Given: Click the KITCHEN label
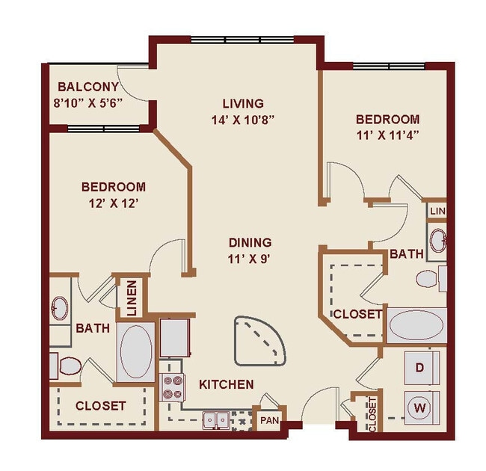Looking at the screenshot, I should [226, 384].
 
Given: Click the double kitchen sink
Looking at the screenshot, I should [214, 420].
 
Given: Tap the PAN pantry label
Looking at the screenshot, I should [268, 420].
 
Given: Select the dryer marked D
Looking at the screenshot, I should [421, 368].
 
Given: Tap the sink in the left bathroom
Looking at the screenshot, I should [60, 307].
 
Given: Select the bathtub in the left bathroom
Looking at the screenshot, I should [136, 351].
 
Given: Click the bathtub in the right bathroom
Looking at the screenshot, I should [416, 326].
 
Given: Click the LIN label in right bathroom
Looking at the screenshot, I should [437, 212].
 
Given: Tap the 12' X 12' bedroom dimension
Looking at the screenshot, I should [114, 202].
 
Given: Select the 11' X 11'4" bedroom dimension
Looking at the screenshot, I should [387, 135].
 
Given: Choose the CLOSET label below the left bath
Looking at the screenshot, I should [100, 406].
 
